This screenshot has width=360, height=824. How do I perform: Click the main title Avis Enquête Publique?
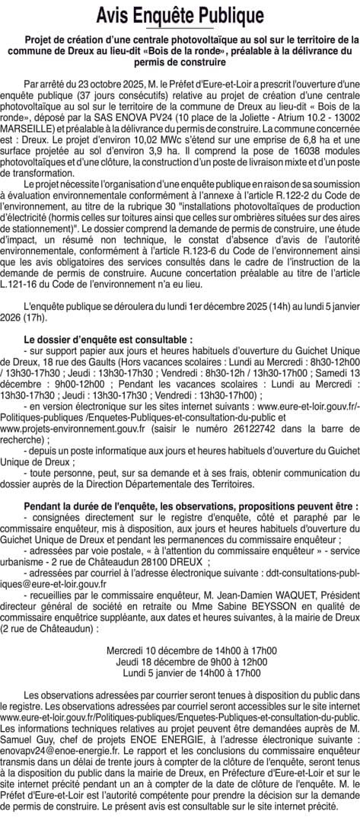coord(180,14)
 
